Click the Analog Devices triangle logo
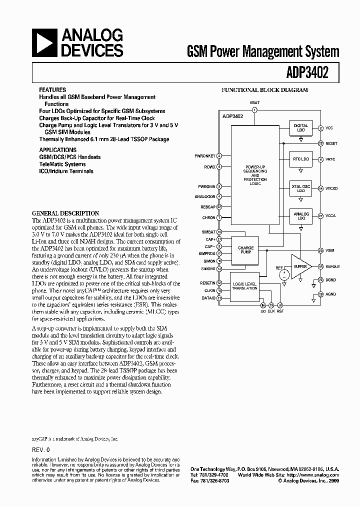(44, 43)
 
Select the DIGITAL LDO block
(300, 128)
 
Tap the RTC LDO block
(300, 159)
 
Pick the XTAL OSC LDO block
(300, 188)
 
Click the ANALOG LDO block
(300, 216)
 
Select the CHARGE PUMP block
(245, 250)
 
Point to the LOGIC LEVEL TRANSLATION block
(244, 286)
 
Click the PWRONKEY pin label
(204, 156)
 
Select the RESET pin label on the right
(331, 143)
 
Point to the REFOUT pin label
(333, 267)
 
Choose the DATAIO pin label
(207, 297)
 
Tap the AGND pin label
(331, 294)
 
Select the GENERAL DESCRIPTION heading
(65, 213)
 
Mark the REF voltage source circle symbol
(283, 274)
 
